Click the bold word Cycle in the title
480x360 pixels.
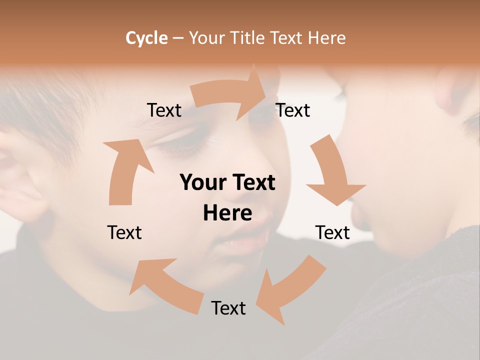(x=146, y=38)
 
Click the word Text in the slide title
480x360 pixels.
(x=287, y=38)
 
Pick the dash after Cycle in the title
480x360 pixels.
(x=178, y=38)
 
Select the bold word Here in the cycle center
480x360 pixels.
(x=227, y=213)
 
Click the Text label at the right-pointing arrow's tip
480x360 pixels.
(x=293, y=110)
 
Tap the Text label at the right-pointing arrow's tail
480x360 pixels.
(x=164, y=110)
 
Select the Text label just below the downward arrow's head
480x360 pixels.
(x=332, y=232)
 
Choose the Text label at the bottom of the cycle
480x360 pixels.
(x=228, y=308)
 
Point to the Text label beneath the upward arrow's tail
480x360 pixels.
(x=124, y=232)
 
